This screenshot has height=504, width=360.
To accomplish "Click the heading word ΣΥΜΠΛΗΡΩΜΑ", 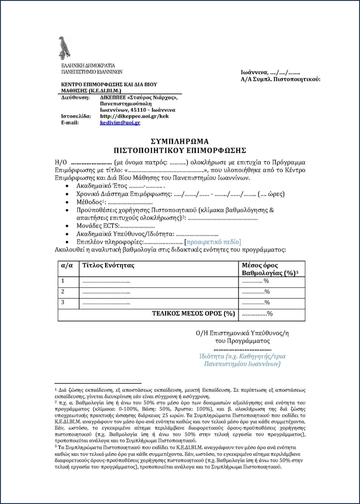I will click(180, 141).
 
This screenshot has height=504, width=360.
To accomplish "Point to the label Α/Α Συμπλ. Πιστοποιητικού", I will click(280, 79).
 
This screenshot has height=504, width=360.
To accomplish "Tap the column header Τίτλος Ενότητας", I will click(108, 265).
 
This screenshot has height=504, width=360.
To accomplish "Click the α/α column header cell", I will click(67, 265).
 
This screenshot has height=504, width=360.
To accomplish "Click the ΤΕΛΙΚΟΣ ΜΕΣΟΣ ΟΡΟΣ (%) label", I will click(193, 314).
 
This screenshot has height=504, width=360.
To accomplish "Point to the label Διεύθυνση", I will click(75, 97).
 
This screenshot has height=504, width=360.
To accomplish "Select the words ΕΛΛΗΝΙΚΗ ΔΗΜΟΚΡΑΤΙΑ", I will click(88, 65).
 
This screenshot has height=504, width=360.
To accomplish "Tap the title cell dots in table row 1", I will click(106, 281).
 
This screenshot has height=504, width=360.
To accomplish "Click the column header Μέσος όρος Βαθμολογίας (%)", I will click(270, 269).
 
